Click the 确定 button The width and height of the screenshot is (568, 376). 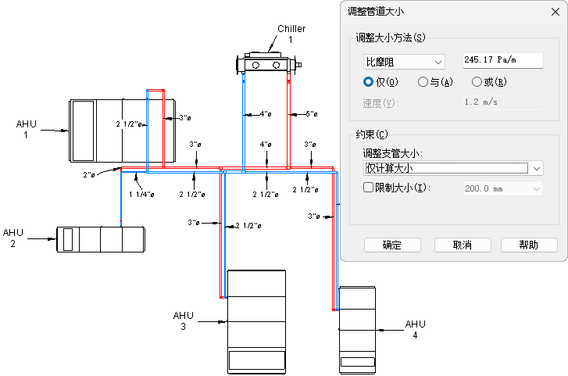coord(392,245)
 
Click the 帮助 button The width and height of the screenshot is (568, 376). coord(529,245)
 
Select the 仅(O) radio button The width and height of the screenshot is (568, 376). coord(369,81)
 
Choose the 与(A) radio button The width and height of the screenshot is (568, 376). coord(423,81)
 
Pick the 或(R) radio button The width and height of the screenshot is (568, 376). coord(477,81)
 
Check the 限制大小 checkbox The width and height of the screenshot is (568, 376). coord(370,188)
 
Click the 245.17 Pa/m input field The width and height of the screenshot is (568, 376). coord(502,60)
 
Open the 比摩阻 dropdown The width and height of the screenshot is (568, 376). coord(404,61)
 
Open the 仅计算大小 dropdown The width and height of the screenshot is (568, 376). coord(453,168)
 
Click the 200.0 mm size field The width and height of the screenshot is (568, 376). coord(503,188)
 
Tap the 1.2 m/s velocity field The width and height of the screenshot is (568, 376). coord(502,102)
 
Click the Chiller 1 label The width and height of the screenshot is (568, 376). coord(291,34)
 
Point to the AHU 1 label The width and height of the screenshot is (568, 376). coord(27,129)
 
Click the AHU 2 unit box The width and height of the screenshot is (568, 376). coord(100,238)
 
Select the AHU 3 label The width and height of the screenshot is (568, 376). coord(184,320)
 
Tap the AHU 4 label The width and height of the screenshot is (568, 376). coord(416,329)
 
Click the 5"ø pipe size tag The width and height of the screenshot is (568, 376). coord(311,114)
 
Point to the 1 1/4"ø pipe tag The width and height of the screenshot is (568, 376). coord(140,194)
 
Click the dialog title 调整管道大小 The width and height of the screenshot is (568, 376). coord(376,10)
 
